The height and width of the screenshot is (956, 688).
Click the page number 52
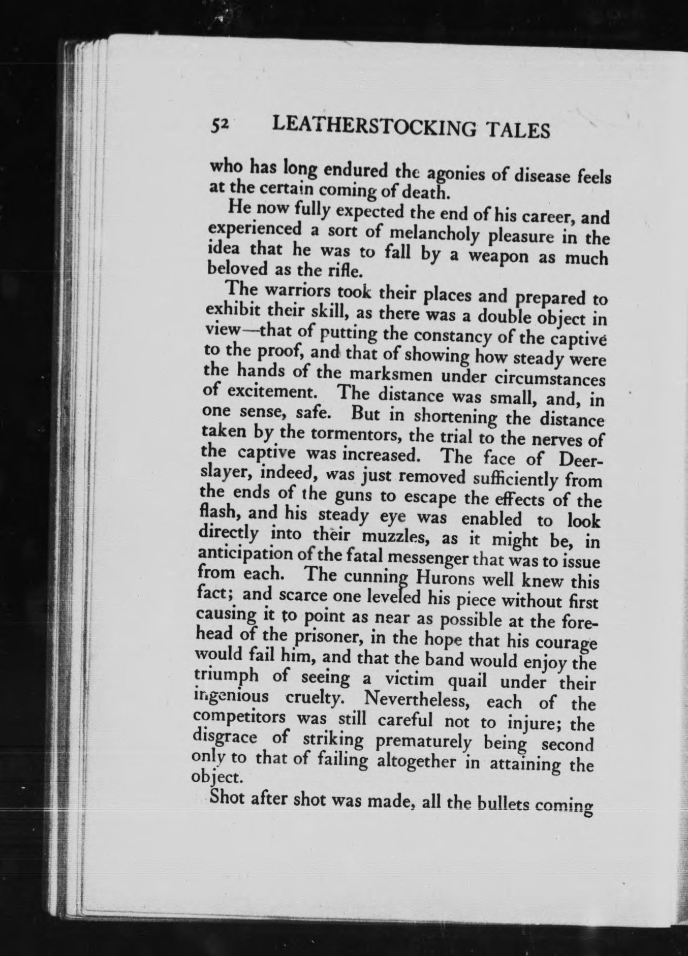point(221,125)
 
